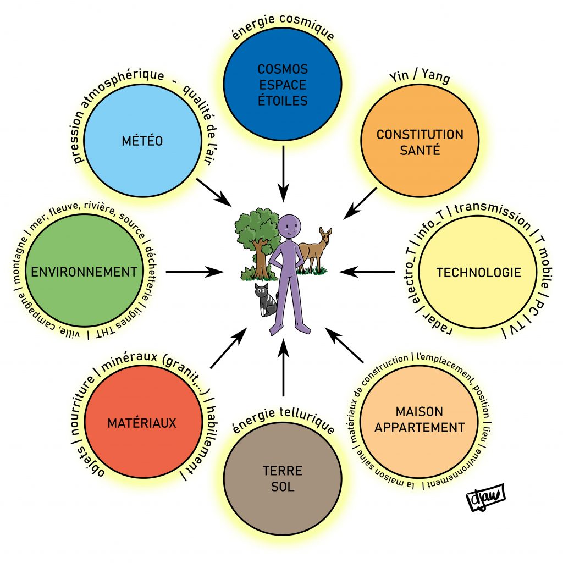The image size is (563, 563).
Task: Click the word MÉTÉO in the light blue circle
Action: (142, 141)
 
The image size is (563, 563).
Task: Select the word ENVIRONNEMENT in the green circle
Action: (84, 272)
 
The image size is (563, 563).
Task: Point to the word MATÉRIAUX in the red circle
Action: (142, 423)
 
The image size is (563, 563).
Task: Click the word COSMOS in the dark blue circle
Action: (283, 70)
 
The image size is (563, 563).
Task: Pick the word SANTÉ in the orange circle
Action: (420, 150)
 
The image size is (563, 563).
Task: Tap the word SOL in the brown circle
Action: (283, 487)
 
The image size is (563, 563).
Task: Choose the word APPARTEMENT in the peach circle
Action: (420, 427)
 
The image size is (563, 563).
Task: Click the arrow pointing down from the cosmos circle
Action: (283, 174)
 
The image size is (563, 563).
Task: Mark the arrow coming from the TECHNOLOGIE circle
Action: (367, 271)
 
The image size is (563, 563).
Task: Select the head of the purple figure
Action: (289, 227)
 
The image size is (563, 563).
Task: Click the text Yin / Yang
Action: (419, 78)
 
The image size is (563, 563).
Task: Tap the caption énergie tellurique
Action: (283, 424)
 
